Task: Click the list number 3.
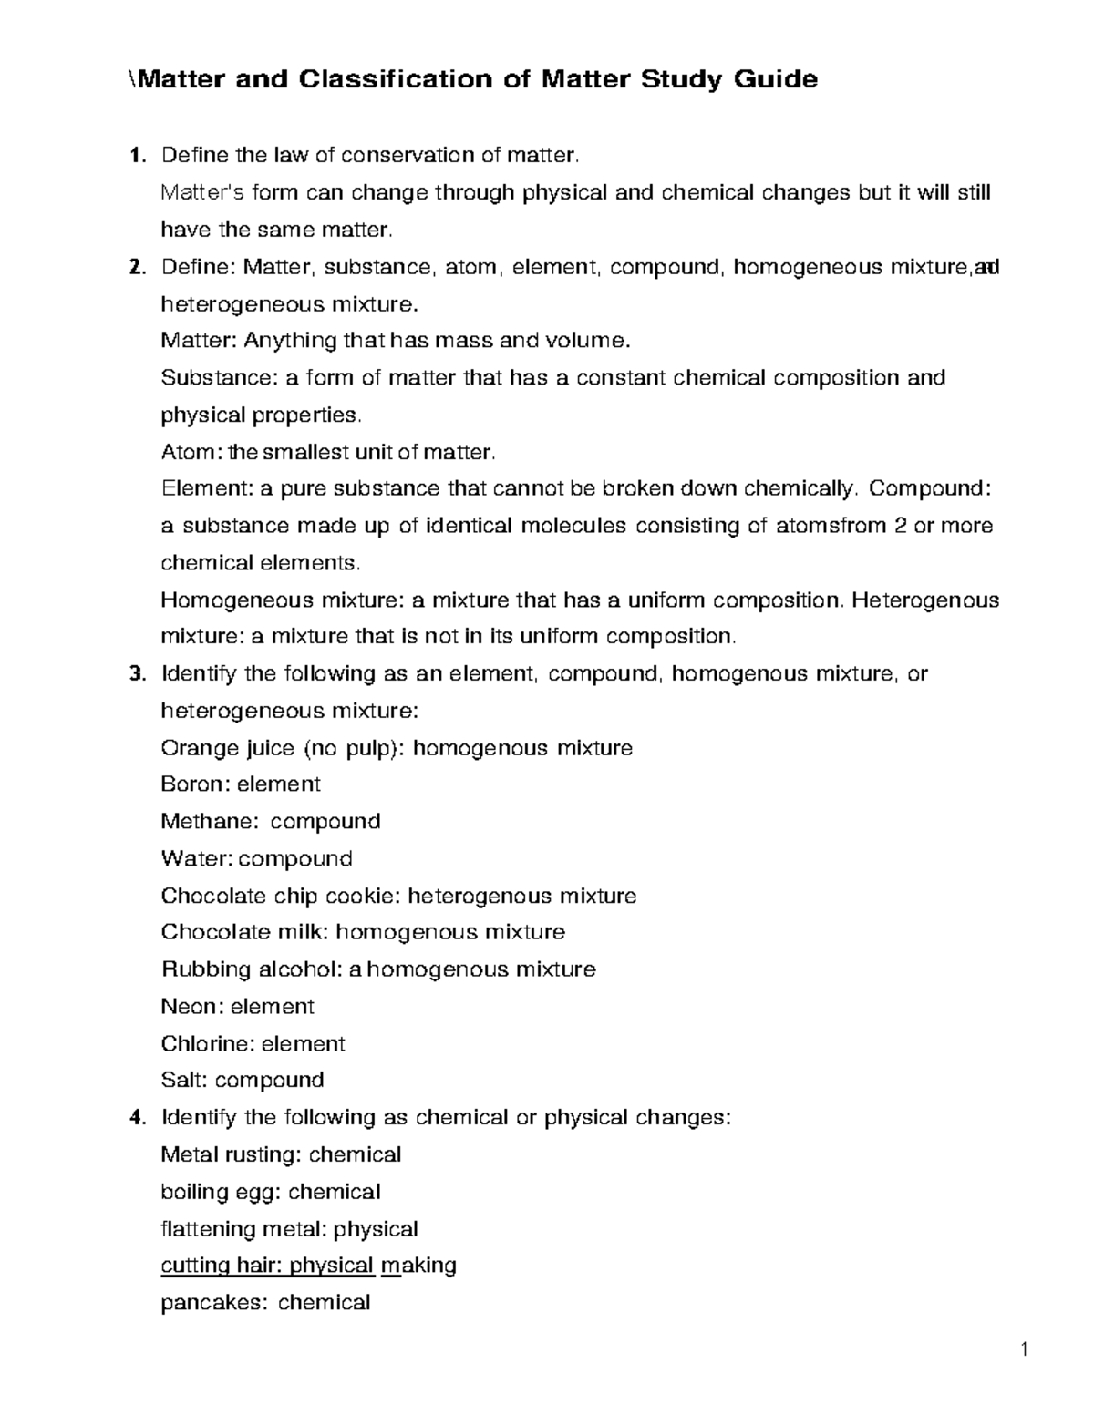click(x=137, y=674)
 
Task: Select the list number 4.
click(x=137, y=1118)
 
